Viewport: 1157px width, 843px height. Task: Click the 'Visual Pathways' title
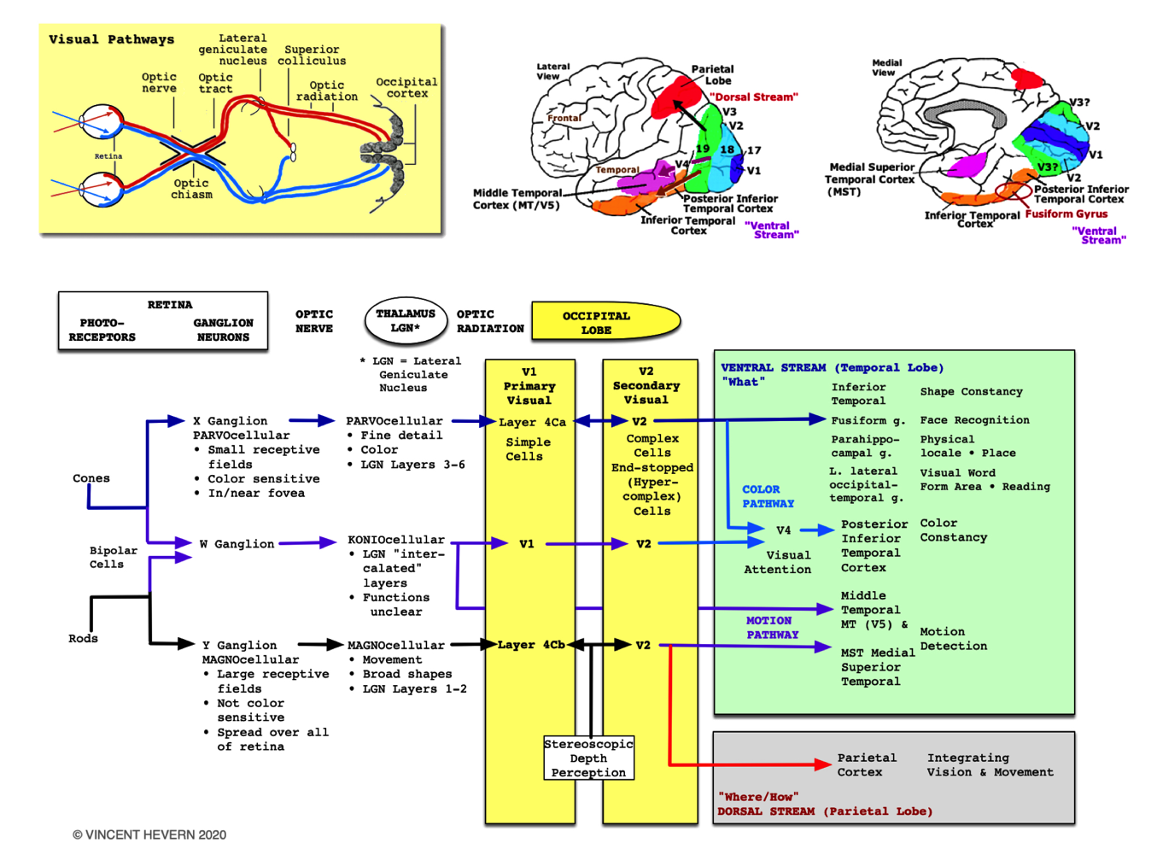111,39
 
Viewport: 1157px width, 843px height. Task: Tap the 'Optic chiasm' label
191,189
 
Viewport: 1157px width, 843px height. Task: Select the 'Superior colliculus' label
314,56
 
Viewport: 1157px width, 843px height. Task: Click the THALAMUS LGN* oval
406,321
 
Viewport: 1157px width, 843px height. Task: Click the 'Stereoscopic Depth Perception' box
588,758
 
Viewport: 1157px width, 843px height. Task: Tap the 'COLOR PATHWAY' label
768,496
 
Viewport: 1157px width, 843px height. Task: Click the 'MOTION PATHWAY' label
772,628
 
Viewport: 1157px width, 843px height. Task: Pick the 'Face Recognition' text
974,420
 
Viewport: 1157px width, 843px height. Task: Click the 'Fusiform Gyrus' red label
1066,214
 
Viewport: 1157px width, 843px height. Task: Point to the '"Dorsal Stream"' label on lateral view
753,97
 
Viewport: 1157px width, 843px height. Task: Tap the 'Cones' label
91,478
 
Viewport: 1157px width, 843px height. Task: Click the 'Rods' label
83,638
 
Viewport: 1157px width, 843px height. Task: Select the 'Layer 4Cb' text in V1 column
531,645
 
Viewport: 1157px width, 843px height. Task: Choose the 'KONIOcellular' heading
395,540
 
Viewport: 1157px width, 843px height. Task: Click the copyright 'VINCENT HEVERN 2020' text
149,834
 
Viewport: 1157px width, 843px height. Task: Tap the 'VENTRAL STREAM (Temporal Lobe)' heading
832,367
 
